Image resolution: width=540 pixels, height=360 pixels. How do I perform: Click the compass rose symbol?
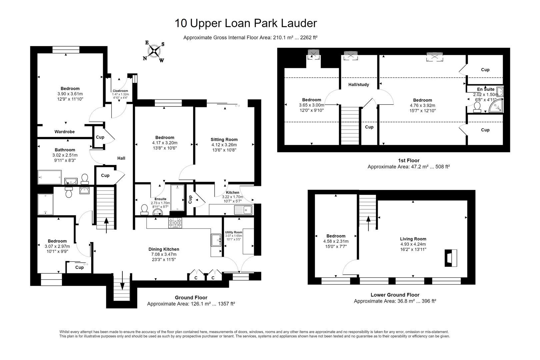point(154,51)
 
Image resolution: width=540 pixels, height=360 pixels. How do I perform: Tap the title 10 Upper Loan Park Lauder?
point(246,23)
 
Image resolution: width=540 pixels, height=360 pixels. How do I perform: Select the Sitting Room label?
point(224,139)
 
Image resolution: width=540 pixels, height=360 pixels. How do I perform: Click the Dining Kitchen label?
point(164,249)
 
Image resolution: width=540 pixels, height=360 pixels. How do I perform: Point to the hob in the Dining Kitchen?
point(175,223)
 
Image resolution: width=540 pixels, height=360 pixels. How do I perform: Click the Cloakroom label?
point(120,91)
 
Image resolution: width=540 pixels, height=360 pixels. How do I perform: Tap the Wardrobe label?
point(65,132)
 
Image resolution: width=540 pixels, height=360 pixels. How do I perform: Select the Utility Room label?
point(234,232)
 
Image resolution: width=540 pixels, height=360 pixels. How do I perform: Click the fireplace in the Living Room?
point(451,258)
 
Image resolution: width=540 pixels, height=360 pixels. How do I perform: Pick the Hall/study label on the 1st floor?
point(358,85)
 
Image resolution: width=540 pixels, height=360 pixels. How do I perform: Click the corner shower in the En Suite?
point(496,106)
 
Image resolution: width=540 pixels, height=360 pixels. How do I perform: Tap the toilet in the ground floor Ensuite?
point(144,210)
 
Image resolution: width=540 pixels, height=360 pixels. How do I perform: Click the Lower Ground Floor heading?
point(395,295)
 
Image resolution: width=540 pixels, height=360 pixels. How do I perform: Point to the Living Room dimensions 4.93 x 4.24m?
point(413,244)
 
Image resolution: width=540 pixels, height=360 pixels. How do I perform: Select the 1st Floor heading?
point(409,160)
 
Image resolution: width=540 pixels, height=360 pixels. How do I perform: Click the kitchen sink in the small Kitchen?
point(243,210)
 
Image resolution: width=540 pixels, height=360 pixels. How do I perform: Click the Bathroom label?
point(65,150)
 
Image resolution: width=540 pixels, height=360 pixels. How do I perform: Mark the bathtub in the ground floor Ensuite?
point(177,198)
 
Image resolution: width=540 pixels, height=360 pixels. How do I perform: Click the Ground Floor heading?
point(191,298)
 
